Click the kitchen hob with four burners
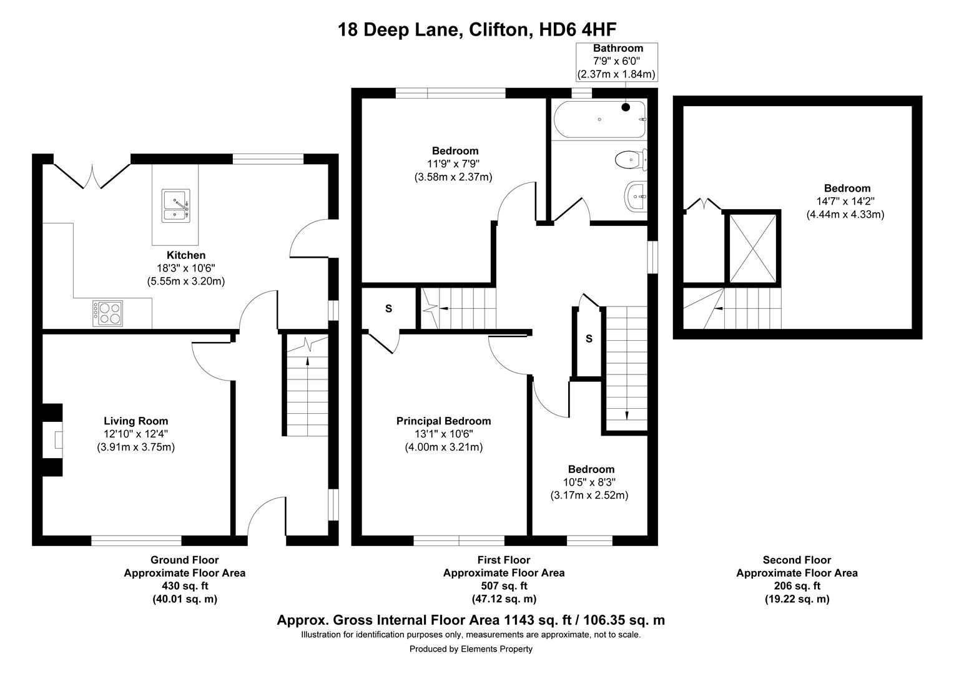point(108,313)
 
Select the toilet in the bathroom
point(629,160)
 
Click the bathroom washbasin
point(636,197)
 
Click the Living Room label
point(135,421)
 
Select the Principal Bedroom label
point(443,421)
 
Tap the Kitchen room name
point(185,255)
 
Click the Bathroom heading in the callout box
point(617,48)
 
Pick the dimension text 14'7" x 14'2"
point(847,202)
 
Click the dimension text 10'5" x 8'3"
point(591,482)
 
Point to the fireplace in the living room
point(55,440)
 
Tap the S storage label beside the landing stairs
point(589,339)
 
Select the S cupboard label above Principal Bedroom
point(388,309)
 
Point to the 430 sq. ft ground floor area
point(184,586)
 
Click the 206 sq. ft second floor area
point(797,586)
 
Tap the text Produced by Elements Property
point(471,649)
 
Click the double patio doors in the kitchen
point(92,176)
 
